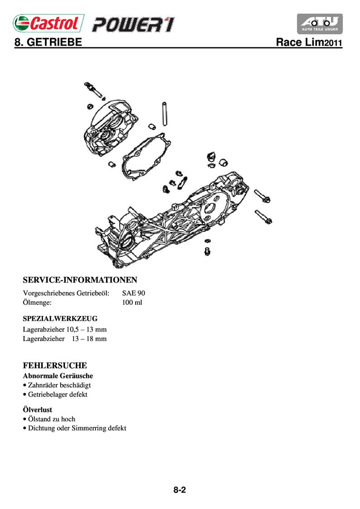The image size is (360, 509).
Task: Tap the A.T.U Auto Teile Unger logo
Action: click(319, 24)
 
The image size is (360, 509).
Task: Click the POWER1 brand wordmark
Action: click(133, 24)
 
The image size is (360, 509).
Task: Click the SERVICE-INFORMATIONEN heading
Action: click(80, 279)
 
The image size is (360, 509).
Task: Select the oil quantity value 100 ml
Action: click(132, 302)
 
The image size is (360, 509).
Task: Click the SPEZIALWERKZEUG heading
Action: click(60, 318)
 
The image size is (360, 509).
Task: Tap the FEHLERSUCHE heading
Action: click(55, 365)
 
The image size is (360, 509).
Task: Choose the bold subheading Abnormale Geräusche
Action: click(58, 376)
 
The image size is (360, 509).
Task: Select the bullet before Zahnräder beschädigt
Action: click(24, 385)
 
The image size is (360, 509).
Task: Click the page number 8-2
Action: click(180, 490)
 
